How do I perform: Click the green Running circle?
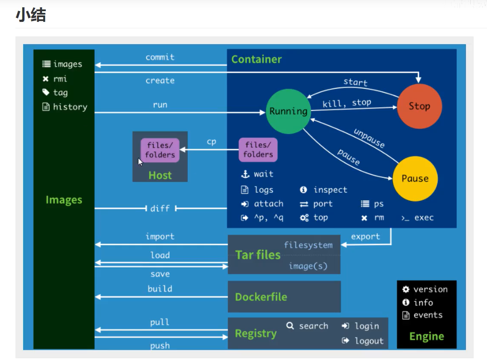(288, 111)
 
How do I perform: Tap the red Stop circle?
(419, 106)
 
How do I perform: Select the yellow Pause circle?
(415, 179)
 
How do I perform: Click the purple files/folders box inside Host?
(160, 150)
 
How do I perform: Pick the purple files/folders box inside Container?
(258, 150)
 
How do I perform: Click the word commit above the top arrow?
(160, 57)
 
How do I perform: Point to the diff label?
(160, 209)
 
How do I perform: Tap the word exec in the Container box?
(424, 218)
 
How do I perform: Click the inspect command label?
(330, 190)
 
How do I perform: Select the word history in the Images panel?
(70, 107)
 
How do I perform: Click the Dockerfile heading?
(261, 297)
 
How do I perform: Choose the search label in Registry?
(313, 326)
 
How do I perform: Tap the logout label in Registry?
(369, 341)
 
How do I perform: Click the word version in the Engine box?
(430, 289)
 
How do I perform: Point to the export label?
(365, 237)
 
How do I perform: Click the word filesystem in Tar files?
(308, 245)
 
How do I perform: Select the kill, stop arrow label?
(346, 103)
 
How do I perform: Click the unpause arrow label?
(369, 138)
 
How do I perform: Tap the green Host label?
(160, 175)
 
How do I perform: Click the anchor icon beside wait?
(245, 174)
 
